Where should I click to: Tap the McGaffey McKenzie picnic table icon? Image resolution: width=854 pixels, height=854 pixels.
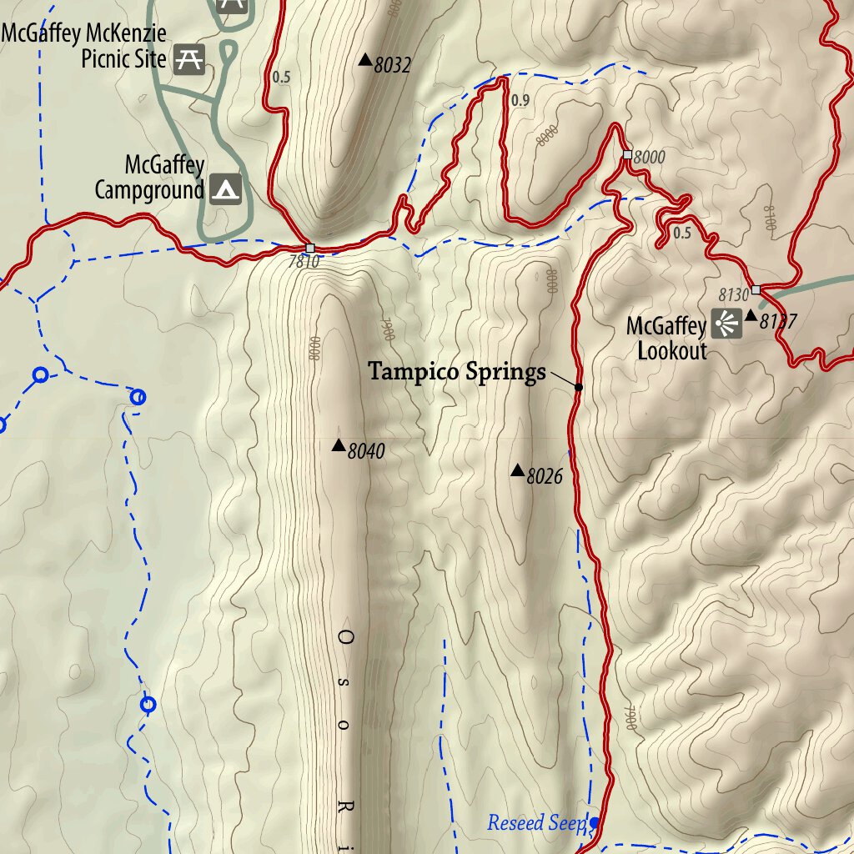[188, 59]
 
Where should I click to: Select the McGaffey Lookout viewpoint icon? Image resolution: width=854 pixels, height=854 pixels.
[726, 324]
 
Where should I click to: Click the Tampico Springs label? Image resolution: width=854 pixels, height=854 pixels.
[457, 371]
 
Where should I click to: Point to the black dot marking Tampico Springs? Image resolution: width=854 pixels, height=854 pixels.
[579, 387]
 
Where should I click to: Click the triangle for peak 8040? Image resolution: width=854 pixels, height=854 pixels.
[339, 445]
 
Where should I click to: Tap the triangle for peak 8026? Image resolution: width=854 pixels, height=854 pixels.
[517, 471]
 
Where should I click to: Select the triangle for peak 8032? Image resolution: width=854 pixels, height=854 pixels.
[364, 59]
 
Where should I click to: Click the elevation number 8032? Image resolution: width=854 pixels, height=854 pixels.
[393, 65]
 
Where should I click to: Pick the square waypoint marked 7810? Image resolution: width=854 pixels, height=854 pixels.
[310, 248]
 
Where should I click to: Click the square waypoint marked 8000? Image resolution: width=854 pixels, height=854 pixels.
[627, 154]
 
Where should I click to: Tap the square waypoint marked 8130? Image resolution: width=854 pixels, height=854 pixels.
[756, 289]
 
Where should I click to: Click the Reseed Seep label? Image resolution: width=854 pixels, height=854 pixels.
[537, 824]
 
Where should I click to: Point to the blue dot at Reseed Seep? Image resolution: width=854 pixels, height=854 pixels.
[595, 822]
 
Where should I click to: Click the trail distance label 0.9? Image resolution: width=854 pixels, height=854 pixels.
[520, 101]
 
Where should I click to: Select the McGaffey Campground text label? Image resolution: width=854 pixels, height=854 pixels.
[150, 177]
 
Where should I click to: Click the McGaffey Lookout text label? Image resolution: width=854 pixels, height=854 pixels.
[667, 338]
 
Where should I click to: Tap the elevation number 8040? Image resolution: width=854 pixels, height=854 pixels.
[366, 452]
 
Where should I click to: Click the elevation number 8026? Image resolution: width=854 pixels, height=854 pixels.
[545, 477]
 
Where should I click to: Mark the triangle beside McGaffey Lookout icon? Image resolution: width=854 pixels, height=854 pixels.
[751, 315]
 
